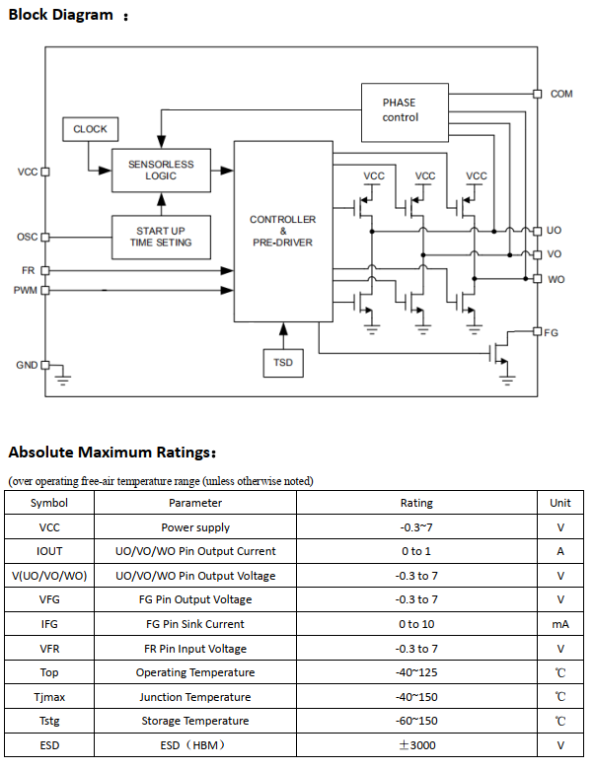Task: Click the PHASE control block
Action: coord(400,109)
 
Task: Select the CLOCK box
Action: coord(90,129)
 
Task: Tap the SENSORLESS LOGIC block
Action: coord(161,171)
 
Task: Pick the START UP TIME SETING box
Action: coord(161,237)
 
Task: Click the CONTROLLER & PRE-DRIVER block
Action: coord(283,231)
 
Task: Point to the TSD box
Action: coord(283,364)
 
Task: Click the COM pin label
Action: coord(561,94)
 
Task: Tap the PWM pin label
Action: coord(25,290)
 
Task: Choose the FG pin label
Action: coord(552,332)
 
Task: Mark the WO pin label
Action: coord(556,279)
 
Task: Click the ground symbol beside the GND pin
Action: coord(63,376)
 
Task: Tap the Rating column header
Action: coord(416,503)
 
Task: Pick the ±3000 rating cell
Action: coord(416,745)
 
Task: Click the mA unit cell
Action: coord(560,624)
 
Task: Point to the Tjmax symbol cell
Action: coord(49,697)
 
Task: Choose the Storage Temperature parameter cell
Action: coord(195,721)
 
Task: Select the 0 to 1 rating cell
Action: coord(416,551)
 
